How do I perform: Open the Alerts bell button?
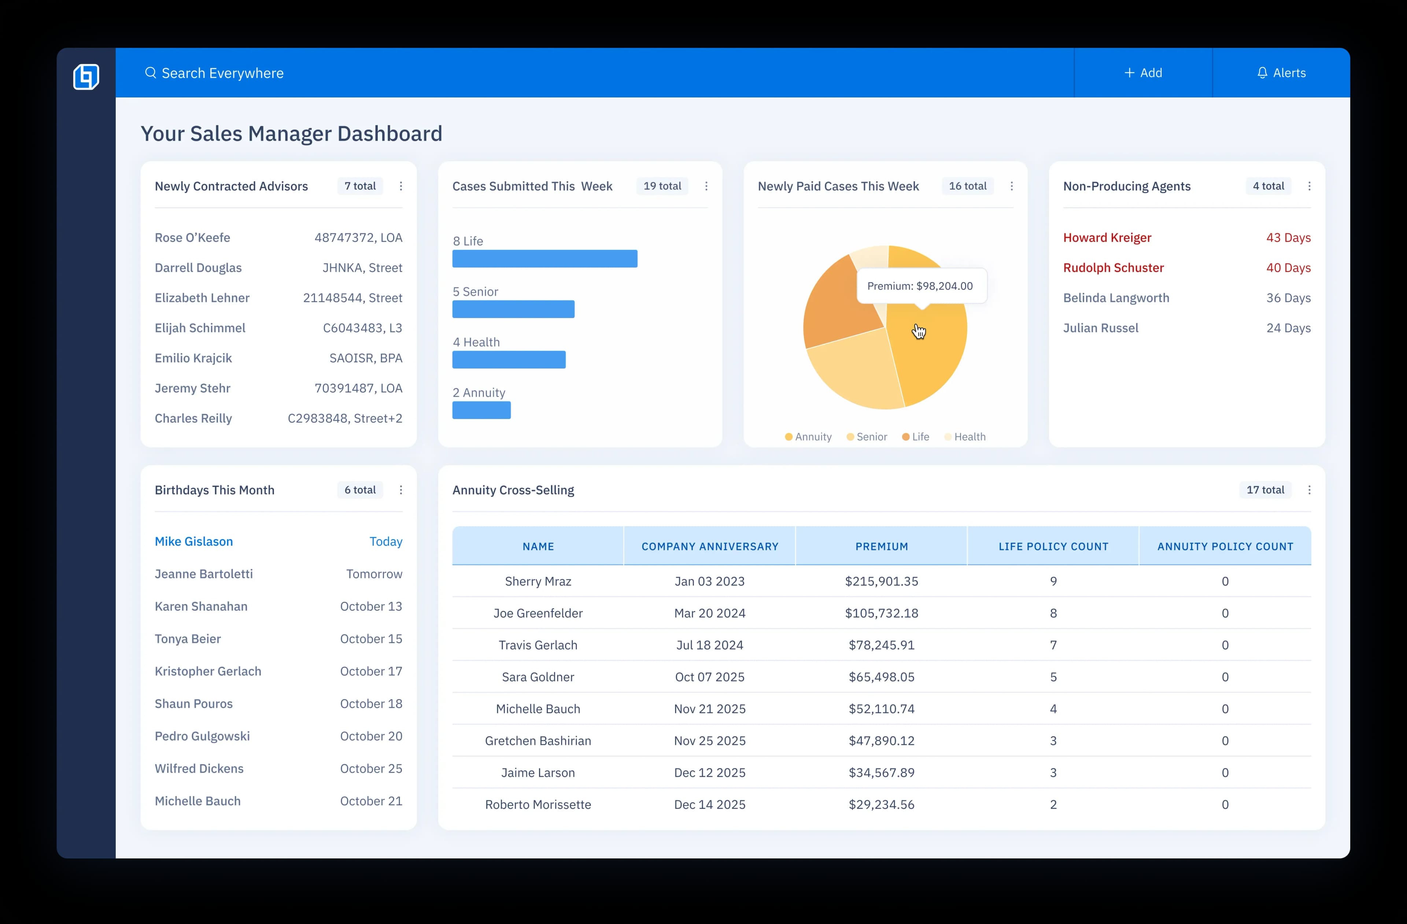[1281, 73]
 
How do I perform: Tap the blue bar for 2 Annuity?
[481, 410]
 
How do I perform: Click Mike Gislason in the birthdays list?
[194, 542]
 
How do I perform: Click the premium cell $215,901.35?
[881, 581]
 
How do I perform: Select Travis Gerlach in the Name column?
[538, 645]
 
